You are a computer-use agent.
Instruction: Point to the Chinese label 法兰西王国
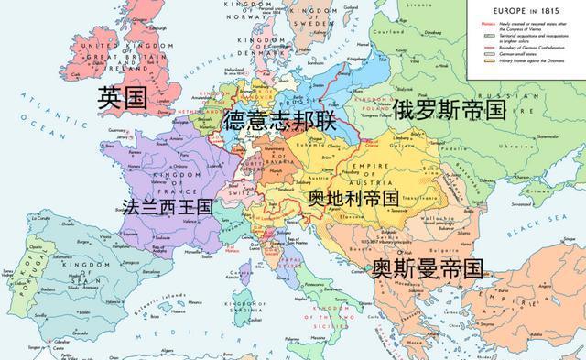[x=160, y=206]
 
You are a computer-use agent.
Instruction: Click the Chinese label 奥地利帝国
[x=353, y=198]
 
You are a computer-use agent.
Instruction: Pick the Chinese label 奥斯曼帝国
[x=427, y=268]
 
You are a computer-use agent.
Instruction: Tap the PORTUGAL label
[x=19, y=275]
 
